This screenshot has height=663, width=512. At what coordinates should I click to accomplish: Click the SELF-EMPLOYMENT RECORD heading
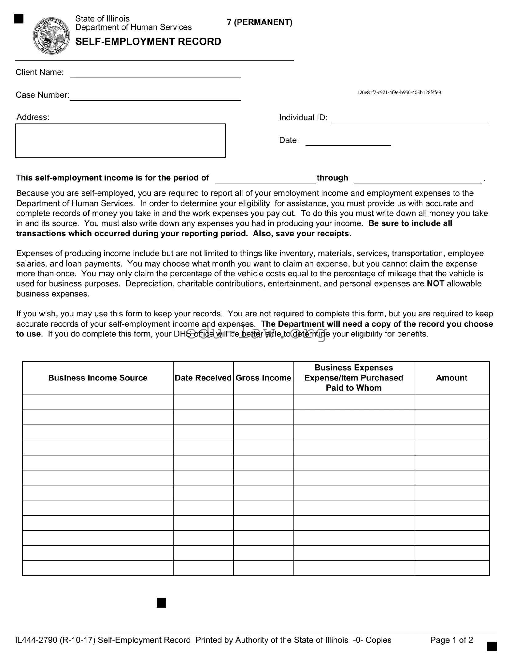(x=148, y=42)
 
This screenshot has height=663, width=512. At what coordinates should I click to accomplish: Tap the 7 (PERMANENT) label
(x=260, y=22)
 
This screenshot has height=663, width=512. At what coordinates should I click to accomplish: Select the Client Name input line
(x=155, y=74)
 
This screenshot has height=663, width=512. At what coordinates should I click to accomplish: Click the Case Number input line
(x=155, y=96)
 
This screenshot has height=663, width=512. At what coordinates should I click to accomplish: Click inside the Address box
(x=120, y=141)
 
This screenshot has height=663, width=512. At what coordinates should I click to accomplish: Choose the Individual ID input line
(x=410, y=119)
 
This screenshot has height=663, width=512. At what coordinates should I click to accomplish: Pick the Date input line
(x=348, y=142)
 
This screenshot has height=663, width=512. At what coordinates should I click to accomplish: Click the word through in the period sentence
(x=332, y=178)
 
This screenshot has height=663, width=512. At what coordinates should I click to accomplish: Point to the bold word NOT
(x=435, y=283)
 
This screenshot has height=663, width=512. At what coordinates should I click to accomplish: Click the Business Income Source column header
(x=98, y=378)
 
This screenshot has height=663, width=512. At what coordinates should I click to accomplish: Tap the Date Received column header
(x=203, y=378)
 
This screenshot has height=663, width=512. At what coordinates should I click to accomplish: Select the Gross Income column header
(x=263, y=378)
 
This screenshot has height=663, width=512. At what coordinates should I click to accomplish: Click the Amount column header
(x=451, y=378)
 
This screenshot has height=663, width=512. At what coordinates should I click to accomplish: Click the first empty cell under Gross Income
(x=263, y=402)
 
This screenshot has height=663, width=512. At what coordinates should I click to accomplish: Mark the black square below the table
(x=161, y=603)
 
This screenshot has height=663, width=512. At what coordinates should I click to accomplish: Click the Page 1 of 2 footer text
(x=451, y=640)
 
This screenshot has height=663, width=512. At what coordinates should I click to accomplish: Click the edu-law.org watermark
(x=256, y=334)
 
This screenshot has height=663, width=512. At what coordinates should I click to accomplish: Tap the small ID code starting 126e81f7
(x=399, y=92)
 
